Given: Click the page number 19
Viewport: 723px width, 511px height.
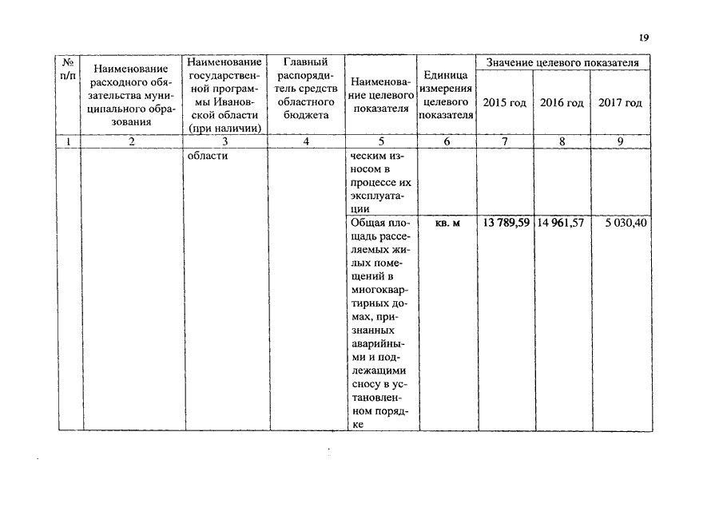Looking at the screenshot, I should pos(645,37).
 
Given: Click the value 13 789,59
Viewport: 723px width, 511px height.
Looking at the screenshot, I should pos(505,223).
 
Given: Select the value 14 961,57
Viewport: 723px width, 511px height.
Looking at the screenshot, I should pos(560,223).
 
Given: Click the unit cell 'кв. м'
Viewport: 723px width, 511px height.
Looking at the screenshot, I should pos(447,223).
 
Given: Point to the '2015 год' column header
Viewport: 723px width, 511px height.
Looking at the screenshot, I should pos(505,103).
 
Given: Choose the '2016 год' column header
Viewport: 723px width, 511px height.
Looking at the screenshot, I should pos(562,103).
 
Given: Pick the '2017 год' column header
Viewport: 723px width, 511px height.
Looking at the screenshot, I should pos(620,103).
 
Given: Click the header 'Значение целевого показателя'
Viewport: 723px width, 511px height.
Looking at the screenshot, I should pos(563,62).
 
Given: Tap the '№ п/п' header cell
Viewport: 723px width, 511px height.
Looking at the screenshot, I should pos(69,68).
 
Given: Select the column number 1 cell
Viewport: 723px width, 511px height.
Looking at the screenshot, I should pos(69,142).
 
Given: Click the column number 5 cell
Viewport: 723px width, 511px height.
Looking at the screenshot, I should pos(381,142).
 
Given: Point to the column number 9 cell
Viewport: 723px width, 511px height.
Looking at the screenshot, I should pos(619,142).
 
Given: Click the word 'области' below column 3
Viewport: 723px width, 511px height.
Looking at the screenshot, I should pos(207,156).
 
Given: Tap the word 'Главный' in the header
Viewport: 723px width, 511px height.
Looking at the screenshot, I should pos(306,62).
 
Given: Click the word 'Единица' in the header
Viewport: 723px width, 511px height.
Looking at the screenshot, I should pos(447,76).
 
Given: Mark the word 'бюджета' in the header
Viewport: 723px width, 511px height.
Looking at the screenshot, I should pos(306,116).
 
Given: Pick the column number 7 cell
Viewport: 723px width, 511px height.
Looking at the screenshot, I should pos(505,142).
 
